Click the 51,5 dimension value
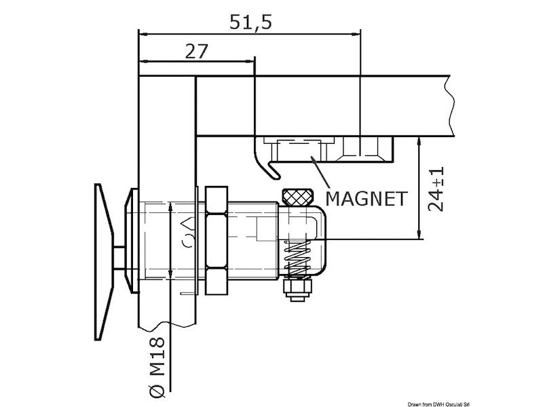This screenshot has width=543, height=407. (250, 22)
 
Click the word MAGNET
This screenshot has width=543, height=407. (367, 199)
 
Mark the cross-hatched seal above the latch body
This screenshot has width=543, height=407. (297, 197)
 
